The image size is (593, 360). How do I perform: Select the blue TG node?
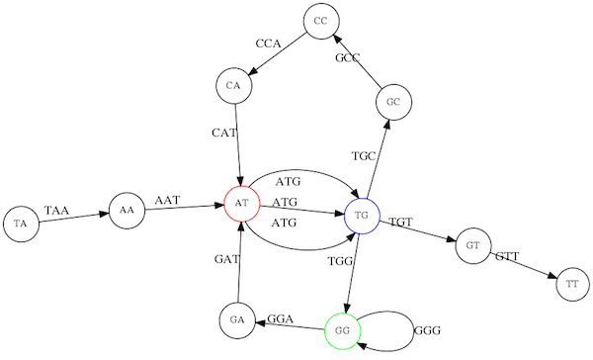point(362,215)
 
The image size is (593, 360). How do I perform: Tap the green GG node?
point(342,330)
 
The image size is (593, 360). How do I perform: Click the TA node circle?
point(20,225)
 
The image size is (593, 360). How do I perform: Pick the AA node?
point(126,210)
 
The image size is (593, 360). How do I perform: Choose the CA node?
point(233,85)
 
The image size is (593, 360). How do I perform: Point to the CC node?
point(319,21)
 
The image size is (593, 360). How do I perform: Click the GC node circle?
point(392,102)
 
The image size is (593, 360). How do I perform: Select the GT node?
point(473,245)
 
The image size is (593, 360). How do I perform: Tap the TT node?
point(572,285)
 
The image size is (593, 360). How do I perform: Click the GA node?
point(236,320)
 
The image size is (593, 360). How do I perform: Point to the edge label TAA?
point(58,211)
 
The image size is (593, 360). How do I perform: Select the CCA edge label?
point(269,44)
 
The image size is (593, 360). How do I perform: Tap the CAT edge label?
point(225,133)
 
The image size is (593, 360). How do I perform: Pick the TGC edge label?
point(365,156)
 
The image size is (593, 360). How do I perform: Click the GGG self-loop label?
point(427,330)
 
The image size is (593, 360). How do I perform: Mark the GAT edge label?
point(228,260)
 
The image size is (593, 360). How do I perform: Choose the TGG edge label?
point(341,261)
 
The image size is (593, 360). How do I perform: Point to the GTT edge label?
point(507,257)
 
